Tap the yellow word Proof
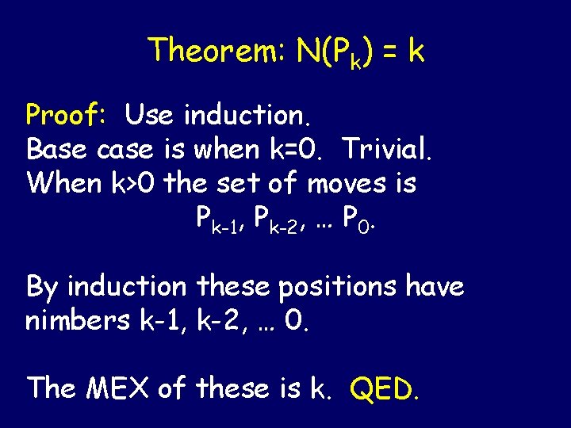tap(70, 116)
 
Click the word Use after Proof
tap(150, 116)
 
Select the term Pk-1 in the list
tap(216, 219)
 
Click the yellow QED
tap(384, 388)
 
